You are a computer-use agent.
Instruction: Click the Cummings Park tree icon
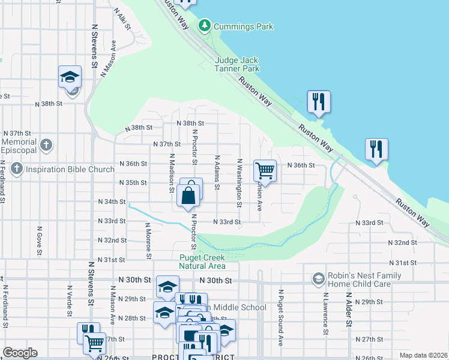[205, 25]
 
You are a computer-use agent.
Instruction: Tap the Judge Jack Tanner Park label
[237, 65]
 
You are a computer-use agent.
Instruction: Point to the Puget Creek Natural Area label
[202, 262]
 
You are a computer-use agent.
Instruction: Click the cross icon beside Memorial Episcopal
[46, 145]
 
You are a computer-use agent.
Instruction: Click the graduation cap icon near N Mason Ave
[70, 77]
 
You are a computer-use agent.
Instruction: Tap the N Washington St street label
[239, 182]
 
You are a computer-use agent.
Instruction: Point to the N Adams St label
[217, 173]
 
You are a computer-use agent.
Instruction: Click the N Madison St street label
[171, 174]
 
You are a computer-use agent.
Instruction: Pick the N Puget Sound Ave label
[280, 318]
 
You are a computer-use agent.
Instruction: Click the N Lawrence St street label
[325, 313]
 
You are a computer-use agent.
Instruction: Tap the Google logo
[19, 353]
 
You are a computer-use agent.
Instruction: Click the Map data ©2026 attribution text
[422, 355]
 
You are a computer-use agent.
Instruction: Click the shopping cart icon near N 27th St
[94, 344]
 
